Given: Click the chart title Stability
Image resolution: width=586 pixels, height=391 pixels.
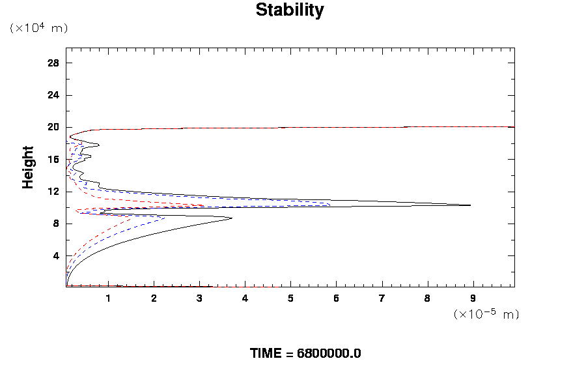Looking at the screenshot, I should tap(289, 10).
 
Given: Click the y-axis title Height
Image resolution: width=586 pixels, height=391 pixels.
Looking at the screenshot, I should tap(28, 167).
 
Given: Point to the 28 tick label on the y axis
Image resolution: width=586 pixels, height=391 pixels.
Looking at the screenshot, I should tap(53, 63).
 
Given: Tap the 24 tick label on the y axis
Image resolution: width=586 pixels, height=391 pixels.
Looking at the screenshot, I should tap(53, 95).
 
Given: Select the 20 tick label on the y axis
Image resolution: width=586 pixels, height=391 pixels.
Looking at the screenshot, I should tap(53, 127).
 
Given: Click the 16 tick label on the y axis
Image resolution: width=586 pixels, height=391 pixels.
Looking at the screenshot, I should tap(53, 160).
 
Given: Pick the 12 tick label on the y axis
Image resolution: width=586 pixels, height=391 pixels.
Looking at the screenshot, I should tap(53, 192).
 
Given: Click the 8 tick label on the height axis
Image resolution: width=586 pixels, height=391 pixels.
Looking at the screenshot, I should tap(56, 224).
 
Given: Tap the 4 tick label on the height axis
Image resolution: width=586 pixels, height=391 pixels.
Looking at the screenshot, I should tap(56, 255).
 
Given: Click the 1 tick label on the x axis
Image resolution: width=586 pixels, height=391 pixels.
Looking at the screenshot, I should tap(108, 298).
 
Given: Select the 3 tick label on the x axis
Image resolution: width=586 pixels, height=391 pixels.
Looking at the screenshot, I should tap(199, 298).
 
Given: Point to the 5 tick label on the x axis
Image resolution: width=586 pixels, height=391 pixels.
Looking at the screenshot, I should tap(290, 298).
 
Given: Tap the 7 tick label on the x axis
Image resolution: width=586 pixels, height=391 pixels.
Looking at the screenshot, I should tap(382, 298).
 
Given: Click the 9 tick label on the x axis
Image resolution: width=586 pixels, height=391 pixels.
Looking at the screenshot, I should tap(473, 298).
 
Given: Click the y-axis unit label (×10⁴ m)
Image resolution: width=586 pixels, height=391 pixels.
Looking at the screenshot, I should tap(38, 28).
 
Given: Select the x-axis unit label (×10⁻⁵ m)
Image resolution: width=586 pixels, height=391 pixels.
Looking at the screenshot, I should tap(486, 314).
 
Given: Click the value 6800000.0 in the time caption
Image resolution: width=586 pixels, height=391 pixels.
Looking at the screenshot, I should tap(329, 354).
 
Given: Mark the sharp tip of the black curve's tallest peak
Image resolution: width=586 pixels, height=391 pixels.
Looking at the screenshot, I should tap(470, 205).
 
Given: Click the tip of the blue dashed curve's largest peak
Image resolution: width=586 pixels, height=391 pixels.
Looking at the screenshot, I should tap(331, 205).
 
